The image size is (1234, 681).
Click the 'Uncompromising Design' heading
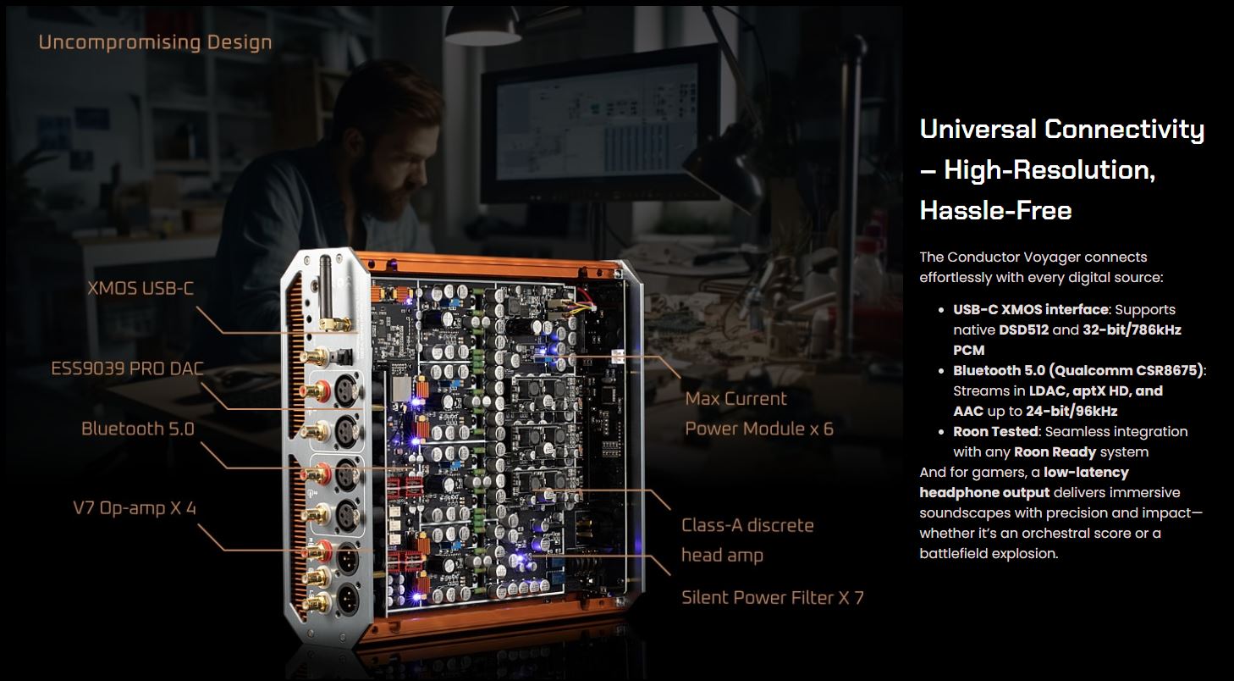click(155, 42)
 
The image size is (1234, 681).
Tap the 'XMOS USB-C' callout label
click(140, 288)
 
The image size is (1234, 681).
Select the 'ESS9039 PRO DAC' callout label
click(127, 368)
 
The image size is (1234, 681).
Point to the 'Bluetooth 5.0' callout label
click(138, 429)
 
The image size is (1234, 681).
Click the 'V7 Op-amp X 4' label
click(135, 508)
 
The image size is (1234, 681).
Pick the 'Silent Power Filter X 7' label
click(773, 597)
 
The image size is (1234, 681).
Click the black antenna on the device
click(326, 287)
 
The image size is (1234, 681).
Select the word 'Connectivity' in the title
click(1124, 130)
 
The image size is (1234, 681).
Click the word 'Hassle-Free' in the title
click(995, 210)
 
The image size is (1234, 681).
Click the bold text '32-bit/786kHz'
click(1132, 329)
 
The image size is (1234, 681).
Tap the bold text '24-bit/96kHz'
click(1071, 412)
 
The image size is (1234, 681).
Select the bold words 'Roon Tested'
click(996, 431)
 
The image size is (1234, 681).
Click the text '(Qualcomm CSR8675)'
click(1126, 370)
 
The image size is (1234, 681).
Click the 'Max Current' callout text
click(736, 399)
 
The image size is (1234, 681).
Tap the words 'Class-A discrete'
click(747, 525)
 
